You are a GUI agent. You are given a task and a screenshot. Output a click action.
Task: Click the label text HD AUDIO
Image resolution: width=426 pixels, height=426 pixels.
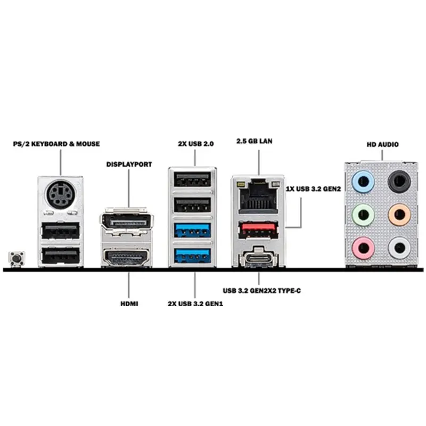coord(383,144)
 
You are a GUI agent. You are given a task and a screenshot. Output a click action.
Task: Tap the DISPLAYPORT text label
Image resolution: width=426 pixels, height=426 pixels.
coord(129,165)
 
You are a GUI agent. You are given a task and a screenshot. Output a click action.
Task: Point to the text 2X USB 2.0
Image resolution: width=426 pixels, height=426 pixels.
coord(195,144)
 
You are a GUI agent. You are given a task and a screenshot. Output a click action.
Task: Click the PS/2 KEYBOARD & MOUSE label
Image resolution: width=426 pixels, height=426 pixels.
coord(56,144)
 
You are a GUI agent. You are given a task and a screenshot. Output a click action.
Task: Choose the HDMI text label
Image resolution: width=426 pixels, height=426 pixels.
coord(129,304)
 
